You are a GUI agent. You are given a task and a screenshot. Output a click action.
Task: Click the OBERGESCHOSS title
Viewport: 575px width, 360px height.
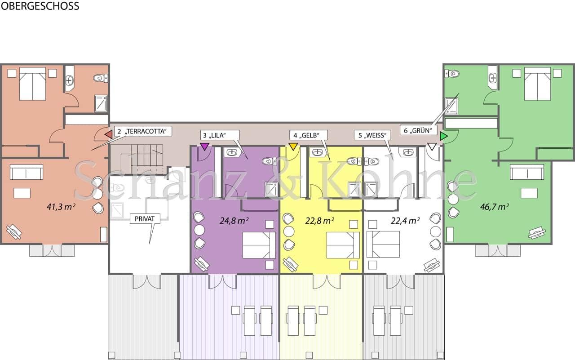click(40, 6)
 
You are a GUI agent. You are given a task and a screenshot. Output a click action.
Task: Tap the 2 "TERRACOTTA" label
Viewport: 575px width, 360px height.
click(142, 131)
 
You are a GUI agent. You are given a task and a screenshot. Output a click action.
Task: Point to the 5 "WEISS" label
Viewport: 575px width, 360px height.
click(372, 135)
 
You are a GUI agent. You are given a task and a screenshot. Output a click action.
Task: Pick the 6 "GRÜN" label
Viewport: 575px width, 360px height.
click(418, 130)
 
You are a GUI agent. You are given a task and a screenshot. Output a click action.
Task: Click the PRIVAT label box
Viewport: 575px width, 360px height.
click(145, 219)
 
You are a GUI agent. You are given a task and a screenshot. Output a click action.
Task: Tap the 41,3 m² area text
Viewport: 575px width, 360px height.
click(61, 207)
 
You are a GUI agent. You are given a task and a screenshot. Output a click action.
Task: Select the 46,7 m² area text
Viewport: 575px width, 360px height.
click(495, 207)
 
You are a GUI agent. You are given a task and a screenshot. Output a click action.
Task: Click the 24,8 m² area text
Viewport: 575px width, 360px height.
click(234, 221)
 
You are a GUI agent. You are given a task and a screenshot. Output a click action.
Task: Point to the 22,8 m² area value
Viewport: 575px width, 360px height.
click(319, 221)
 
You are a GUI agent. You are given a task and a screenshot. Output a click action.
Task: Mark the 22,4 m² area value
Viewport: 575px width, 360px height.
click(405, 221)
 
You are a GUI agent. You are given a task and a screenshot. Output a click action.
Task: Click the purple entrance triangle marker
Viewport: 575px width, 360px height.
click(204, 147)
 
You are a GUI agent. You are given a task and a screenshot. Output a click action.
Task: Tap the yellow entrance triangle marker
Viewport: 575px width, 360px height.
click(293, 147)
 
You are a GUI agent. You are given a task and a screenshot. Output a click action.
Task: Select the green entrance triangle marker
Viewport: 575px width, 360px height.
click(443, 136)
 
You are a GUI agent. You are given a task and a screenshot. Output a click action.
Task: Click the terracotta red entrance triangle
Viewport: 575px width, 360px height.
click(109, 134)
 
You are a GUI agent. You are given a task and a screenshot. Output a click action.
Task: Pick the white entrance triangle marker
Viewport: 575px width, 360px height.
click(432, 147)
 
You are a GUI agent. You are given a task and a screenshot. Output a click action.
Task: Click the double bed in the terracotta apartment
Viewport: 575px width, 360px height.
click(33, 84)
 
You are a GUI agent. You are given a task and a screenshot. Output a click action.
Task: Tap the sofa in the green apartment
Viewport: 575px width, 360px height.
click(527, 172)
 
